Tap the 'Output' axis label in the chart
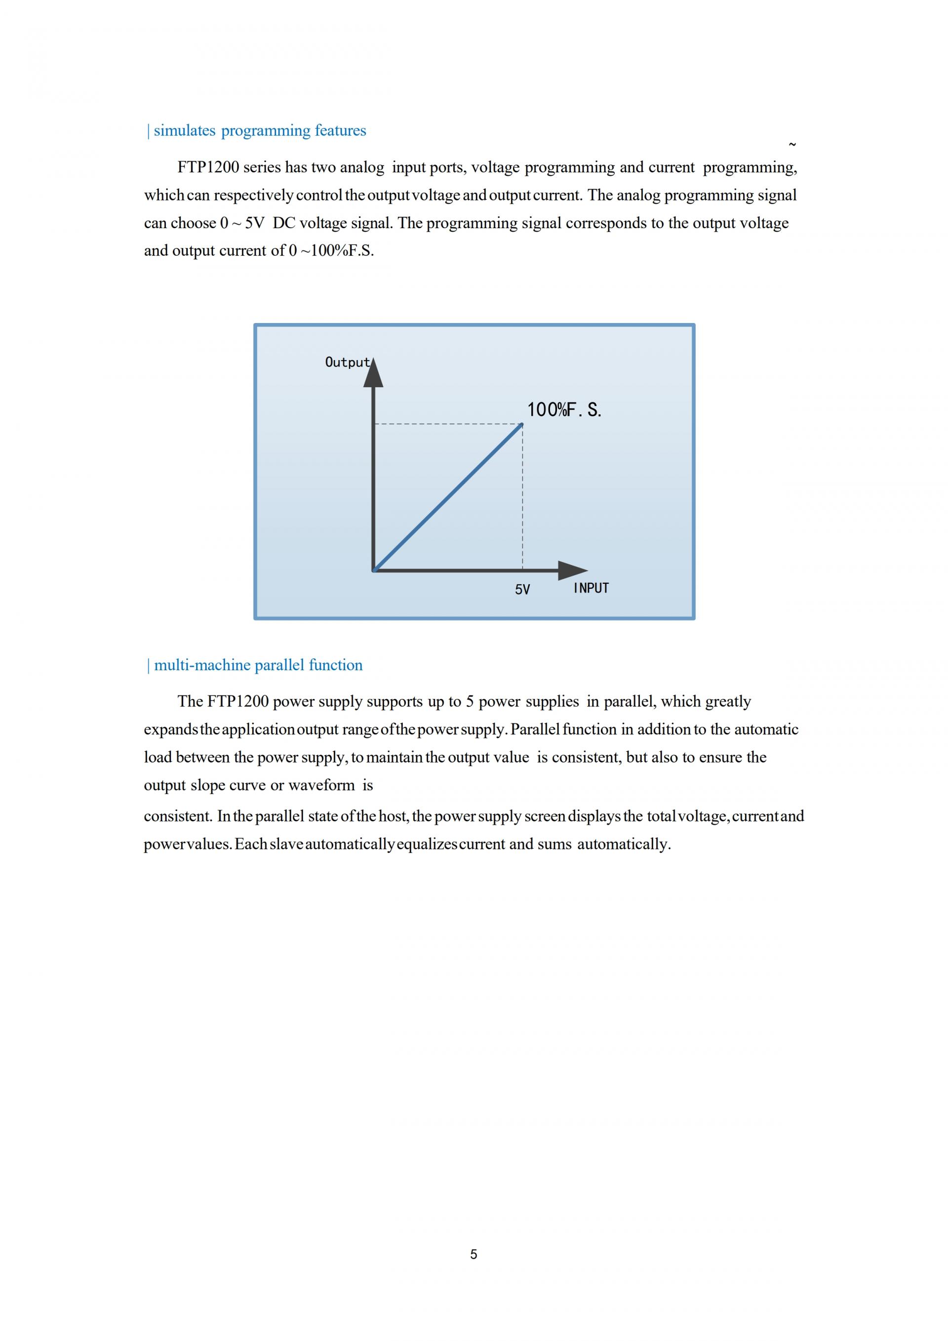pyautogui.click(x=347, y=362)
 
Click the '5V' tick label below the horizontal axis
pyautogui.click(x=522, y=590)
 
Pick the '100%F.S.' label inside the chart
pyautogui.click(x=564, y=410)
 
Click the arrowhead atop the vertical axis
pyautogui.click(x=374, y=373)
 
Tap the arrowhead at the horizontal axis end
pyautogui.click(x=573, y=570)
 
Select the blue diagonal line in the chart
pyautogui.click(x=448, y=497)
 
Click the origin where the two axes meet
pyautogui.click(x=374, y=570)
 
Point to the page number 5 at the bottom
pyautogui.click(x=474, y=1254)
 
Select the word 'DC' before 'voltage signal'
pyautogui.click(x=284, y=223)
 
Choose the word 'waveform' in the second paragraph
pyautogui.click(x=321, y=785)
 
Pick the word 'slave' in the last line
pyautogui.click(x=286, y=844)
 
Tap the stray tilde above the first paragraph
pyautogui.click(x=792, y=144)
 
